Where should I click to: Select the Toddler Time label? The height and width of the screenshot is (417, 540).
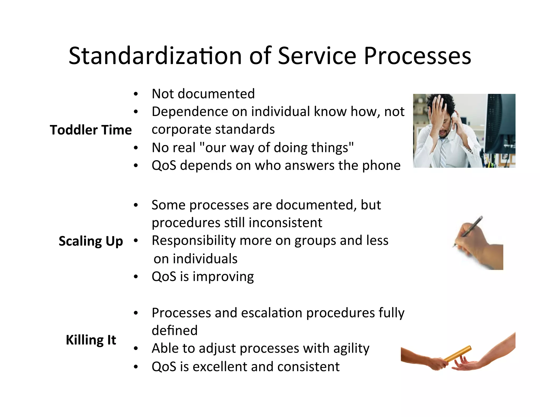91,130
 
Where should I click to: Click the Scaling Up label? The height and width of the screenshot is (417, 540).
91,241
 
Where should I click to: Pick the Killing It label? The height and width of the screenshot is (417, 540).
91,340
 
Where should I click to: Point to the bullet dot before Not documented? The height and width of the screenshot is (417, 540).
136,94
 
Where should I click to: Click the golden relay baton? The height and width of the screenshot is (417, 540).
458,353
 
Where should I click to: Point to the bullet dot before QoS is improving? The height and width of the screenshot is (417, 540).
136,277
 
